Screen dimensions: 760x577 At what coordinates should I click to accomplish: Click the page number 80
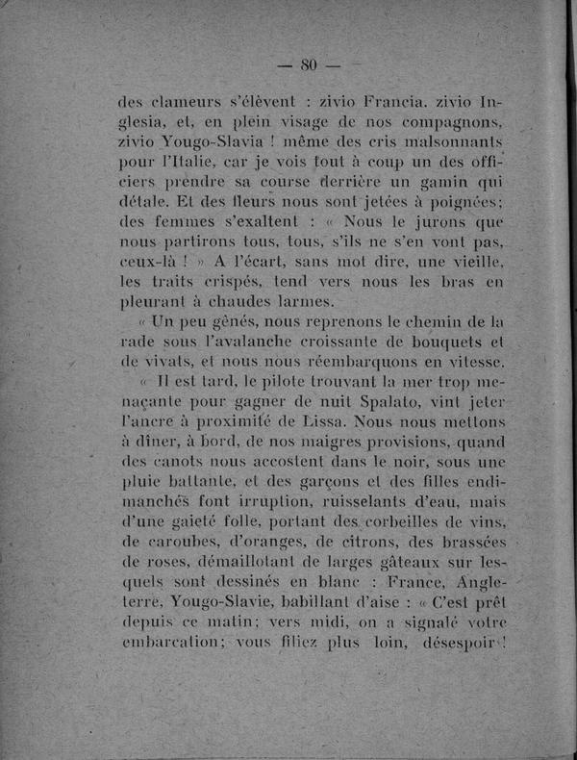tap(309, 65)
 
